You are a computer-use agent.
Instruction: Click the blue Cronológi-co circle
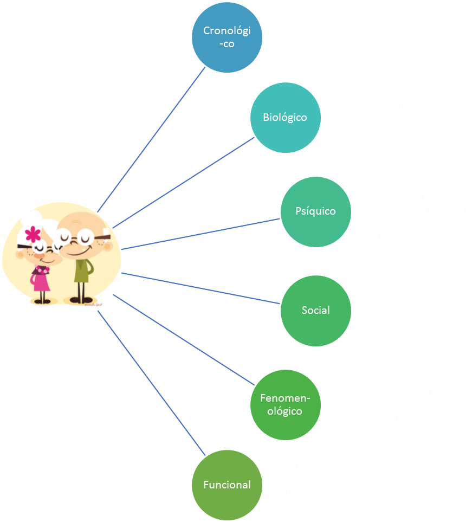227,37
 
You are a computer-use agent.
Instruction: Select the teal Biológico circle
284,117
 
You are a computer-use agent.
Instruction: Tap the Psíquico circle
315,211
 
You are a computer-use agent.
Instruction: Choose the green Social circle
315,310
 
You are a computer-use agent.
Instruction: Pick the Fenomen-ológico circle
285,404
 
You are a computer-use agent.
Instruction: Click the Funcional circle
226,485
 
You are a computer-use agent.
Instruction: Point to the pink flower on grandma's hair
33,234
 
